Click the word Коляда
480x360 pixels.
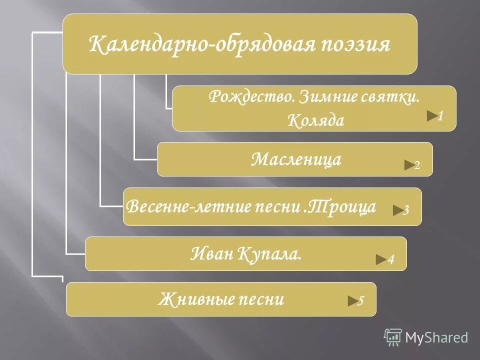[316, 120]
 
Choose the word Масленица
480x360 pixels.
[296, 159]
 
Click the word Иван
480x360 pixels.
[212, 254]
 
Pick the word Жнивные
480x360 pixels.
[193, 299]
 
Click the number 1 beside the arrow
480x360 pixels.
[440, 116]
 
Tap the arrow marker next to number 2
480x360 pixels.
[409, 165]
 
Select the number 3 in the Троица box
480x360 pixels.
[406, 210]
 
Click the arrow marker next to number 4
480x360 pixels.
[381, 259]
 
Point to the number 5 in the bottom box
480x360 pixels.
[361, 301]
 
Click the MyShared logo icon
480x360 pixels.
[393, 337]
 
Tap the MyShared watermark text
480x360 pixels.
[436, 338]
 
